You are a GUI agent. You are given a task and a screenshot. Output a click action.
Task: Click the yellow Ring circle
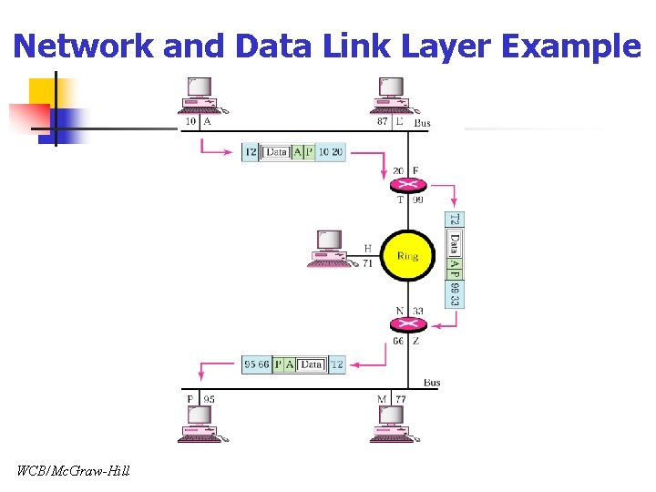(407, 256)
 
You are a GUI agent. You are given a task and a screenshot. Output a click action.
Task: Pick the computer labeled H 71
(328, 248)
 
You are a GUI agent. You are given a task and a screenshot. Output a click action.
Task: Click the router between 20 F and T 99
(407, 185)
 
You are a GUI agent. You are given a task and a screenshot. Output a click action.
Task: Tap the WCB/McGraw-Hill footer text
(73, 471)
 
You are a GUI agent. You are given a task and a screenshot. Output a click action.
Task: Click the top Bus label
(423, 123)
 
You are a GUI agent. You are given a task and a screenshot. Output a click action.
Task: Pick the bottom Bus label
(431, 383)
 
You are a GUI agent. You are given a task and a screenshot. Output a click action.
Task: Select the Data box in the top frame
(276, 152)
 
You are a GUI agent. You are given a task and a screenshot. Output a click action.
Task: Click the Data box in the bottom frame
(312, 364)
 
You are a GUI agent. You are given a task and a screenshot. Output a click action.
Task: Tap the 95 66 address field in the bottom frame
(257, 364)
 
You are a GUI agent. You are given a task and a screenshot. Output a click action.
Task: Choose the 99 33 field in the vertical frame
(455, 293)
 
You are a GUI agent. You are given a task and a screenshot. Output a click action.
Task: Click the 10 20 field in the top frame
(331, 152)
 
